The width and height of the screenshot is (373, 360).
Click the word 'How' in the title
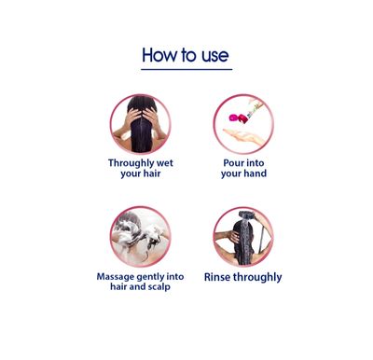159,55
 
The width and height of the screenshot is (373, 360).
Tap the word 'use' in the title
215,56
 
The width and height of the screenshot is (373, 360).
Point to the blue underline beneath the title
186,69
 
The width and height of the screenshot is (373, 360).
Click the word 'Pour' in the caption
233,163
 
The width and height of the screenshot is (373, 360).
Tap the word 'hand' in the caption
256,173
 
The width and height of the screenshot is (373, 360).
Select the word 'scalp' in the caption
159,287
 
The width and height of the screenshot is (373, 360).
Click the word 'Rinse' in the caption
217,277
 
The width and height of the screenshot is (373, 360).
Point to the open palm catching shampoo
244,137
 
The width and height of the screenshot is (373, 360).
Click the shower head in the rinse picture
246,215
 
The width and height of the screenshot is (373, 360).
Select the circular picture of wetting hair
141,124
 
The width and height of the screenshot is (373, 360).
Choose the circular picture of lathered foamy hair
141,237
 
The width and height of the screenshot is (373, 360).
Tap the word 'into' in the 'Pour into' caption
255,163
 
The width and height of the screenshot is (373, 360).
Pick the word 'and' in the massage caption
137,286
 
